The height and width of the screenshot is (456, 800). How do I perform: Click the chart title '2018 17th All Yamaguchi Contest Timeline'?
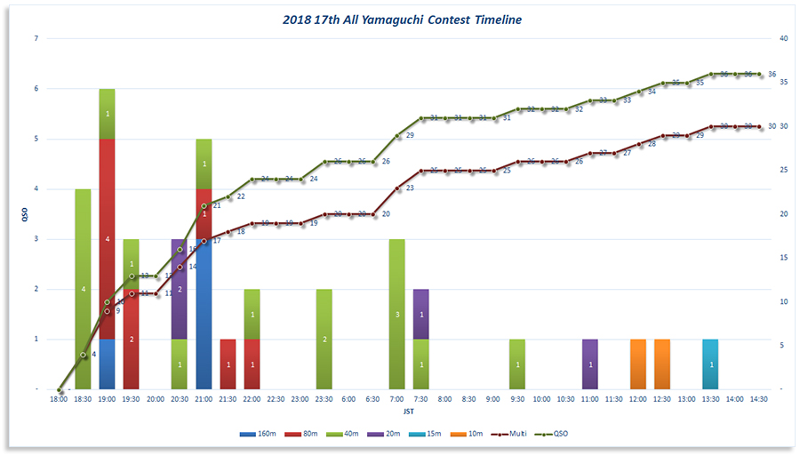point(403,20)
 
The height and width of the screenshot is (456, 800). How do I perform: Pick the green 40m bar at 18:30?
point(84,289)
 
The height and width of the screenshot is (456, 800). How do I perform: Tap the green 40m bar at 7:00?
point(397,314)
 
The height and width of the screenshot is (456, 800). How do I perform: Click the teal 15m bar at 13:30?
point(710,364)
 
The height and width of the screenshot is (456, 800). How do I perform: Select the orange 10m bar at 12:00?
point(637,364)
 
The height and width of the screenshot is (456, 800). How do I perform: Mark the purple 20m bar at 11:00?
point(590,364)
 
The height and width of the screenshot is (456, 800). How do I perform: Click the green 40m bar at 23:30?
point(324,339)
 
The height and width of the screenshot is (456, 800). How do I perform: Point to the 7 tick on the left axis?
point(36,38)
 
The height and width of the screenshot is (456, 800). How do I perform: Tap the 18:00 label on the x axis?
point(60,400)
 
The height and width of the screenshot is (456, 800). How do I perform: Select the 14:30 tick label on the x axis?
point(758,400)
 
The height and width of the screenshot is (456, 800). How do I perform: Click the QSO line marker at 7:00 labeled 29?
point(397,136)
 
